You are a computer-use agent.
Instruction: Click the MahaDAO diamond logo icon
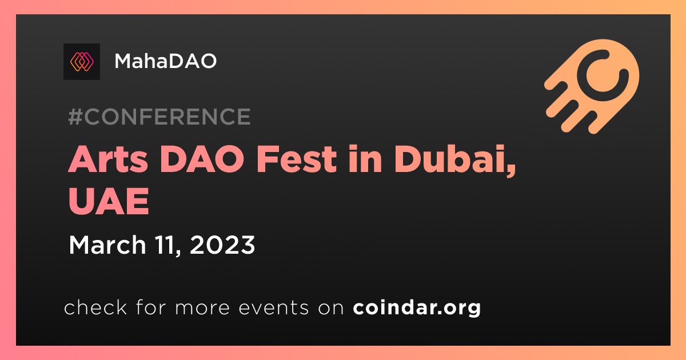[x=81, y=62]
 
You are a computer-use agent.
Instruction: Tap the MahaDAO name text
[x=165, y=61]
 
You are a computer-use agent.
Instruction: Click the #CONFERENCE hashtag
[x=159, y=117]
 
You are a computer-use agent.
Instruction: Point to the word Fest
[x=297, y=159]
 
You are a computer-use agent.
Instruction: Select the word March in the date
[x=107, y=245]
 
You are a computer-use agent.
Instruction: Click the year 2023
[x=222, y=245]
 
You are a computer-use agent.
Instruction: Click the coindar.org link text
[x=417, y=307]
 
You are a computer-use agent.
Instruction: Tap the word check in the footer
[x=95, y=307]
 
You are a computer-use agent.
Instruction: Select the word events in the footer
[x=273, y=307]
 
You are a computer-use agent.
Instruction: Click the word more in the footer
[x=202, y=308]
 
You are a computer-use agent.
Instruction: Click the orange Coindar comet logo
[x=592, y=87]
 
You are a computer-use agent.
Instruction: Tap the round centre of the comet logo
[x=603, y=75]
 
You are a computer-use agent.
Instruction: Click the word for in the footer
[x=151, y=307]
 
